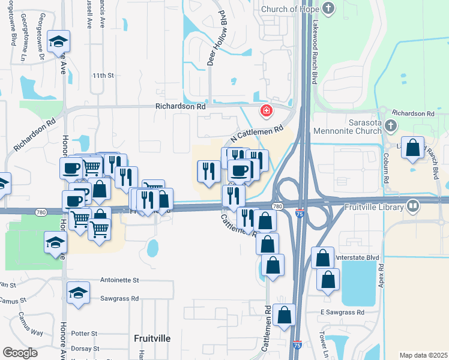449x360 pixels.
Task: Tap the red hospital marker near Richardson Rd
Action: click(x=265, y=111)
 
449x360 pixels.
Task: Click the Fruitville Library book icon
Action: click(x=412, y=207)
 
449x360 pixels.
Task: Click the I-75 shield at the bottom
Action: click(x=298, y=345)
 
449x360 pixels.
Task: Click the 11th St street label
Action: click(x=103, y=76)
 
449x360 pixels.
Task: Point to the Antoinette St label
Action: click(x=120, y=280)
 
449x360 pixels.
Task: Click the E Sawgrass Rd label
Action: click(x=342, y=313)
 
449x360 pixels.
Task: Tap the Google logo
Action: click(x=20, y=353)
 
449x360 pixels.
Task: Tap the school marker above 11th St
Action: click(x=58, y=41)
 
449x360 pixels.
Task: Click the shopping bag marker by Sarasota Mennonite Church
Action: click(x=413, y=149)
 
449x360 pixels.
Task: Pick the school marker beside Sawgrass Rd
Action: click(x=77, y=293)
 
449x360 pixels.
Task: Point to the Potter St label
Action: click(x=84, y=334)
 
